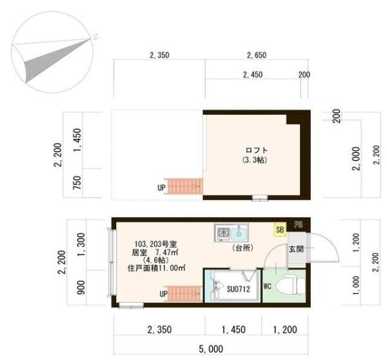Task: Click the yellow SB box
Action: [x=280, y=230]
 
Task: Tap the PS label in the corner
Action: [x=299, y=225]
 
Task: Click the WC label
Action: [x=268, y=286]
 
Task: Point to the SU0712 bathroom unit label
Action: [x=238, y=289]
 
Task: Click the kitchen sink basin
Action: [x=239, y=233]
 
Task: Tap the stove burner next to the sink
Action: [x=223, y=233]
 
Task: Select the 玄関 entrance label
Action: [x=296, y=249]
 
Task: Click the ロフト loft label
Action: [x=257, y=150]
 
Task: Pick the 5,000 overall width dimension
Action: [x=211, y=349]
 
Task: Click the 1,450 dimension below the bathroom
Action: [x=233, y=330]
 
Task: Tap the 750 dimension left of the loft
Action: [x=77, y=183]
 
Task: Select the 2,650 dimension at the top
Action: [x=257, y=55]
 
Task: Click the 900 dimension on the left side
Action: [x=81, y=287]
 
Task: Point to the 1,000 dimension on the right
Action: [x=356, y=285]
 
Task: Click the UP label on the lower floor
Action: [x=164, y=294]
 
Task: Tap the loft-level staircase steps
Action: [x=184, y=186]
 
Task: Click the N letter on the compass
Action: [x=95, y=37]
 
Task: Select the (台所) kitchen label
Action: [x=243, y=248]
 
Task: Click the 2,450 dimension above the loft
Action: [x=253, y=74]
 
